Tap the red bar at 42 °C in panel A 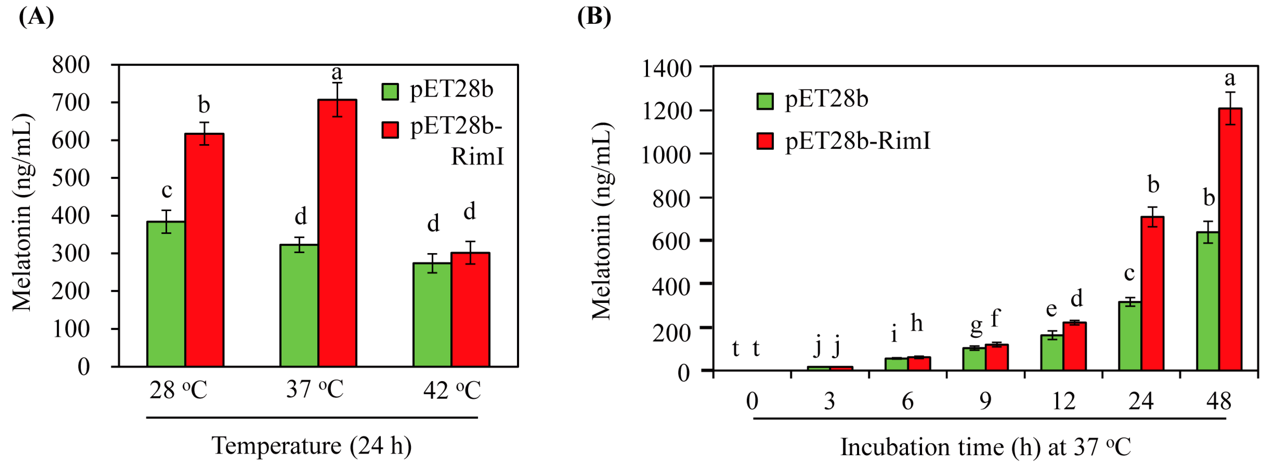click(x=470, y=309)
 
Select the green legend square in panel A click(x=390, y=91)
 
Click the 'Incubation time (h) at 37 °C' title click(x=985, y=447)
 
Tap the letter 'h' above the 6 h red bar click(x=916, y=323)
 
